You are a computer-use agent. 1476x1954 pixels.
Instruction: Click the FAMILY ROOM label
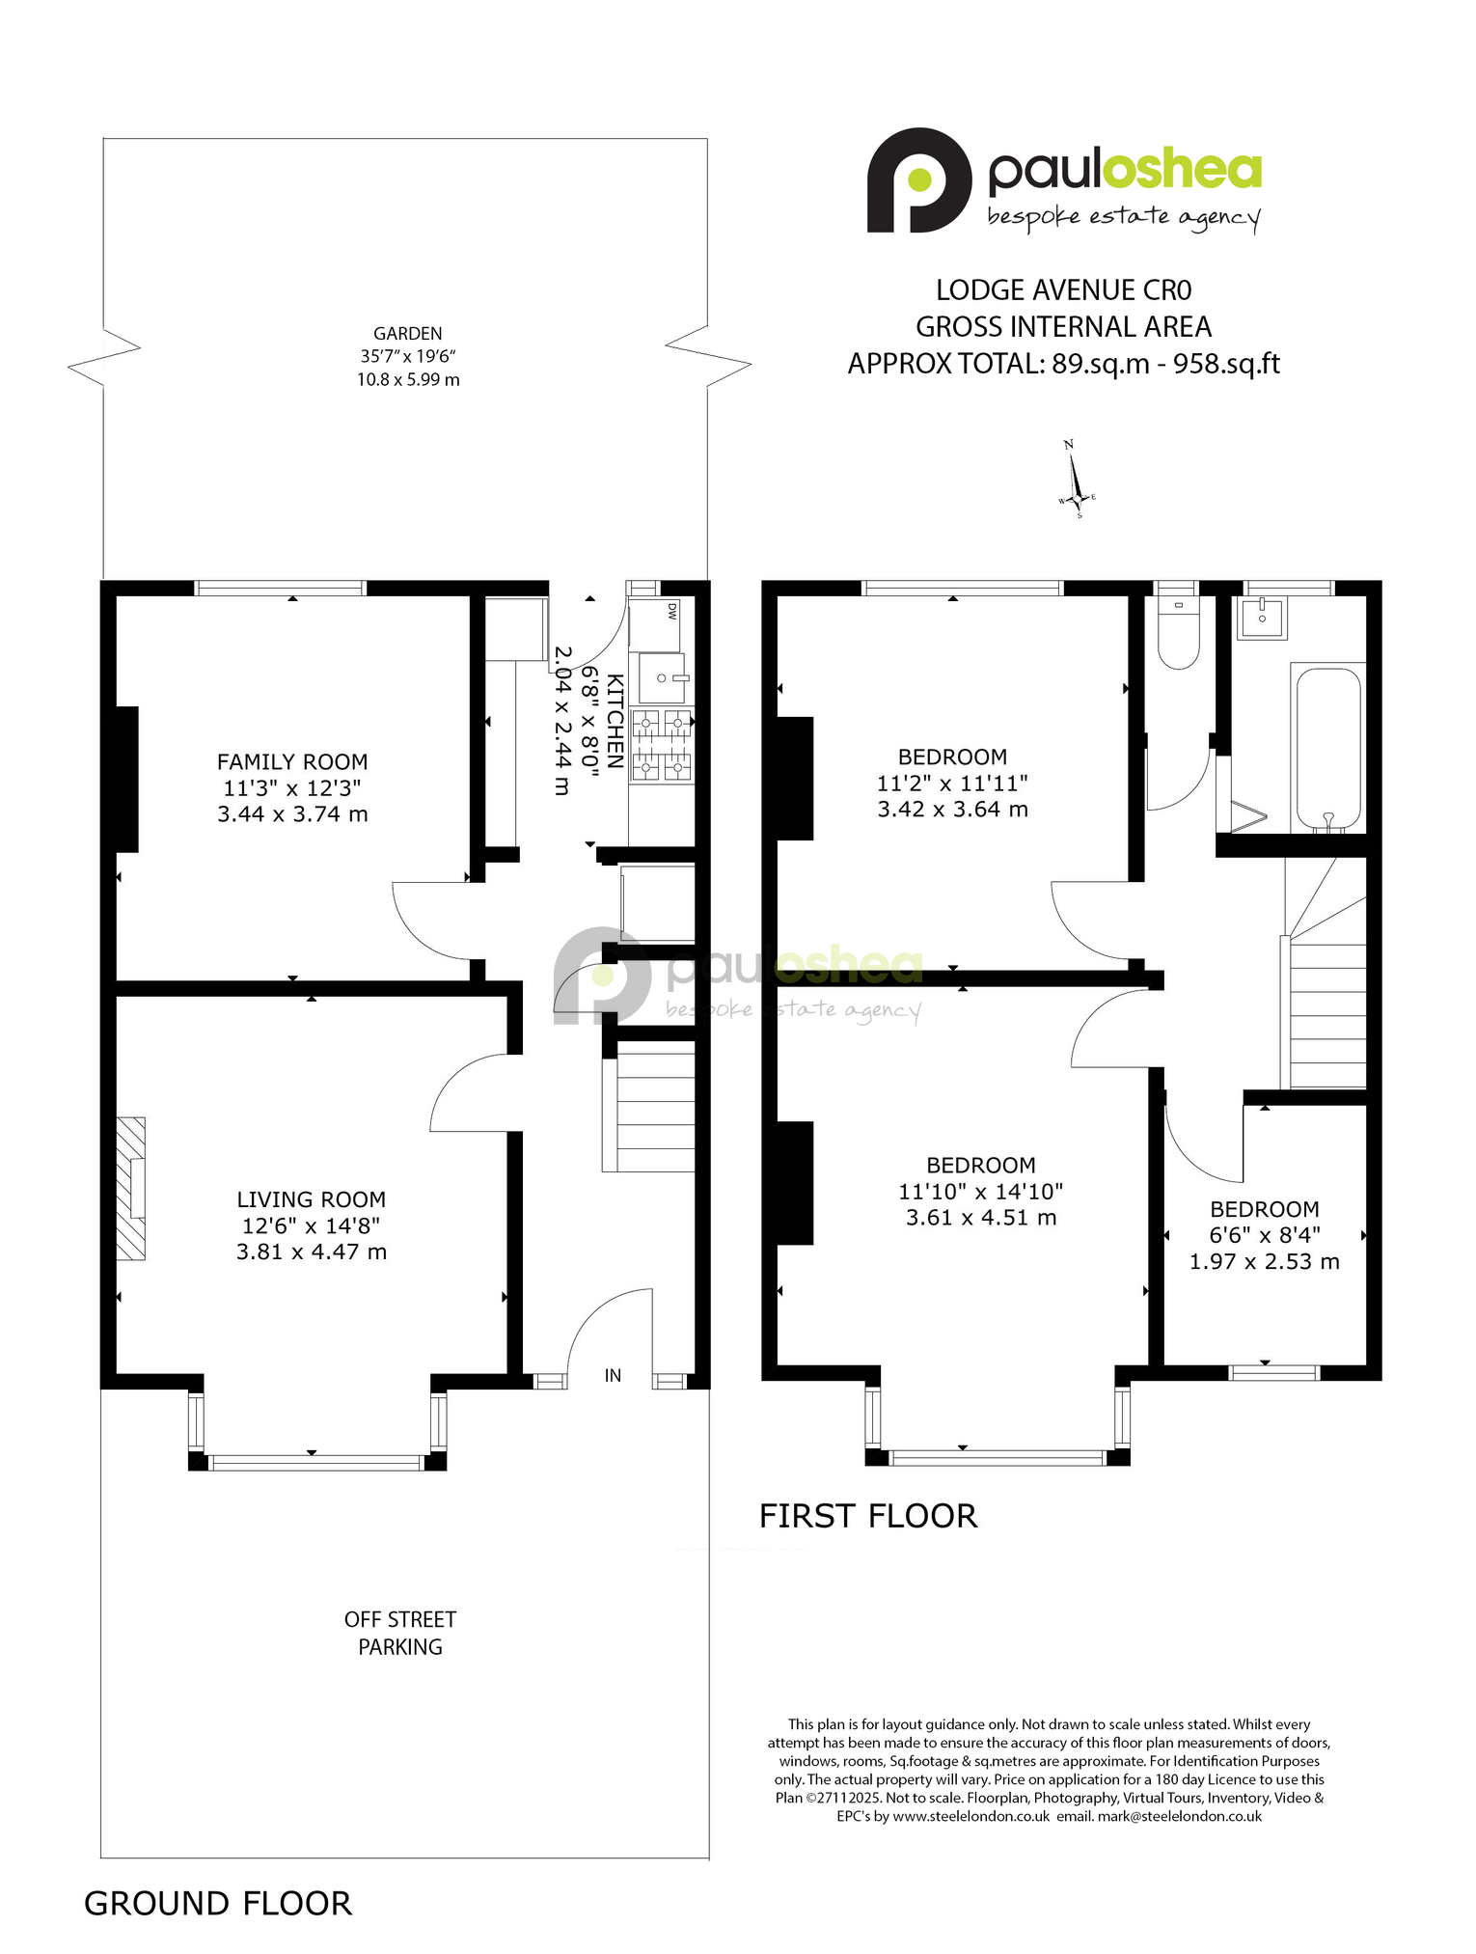[x=292, y=761]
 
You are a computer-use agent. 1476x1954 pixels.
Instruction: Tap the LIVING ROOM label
[x=311, y=1199]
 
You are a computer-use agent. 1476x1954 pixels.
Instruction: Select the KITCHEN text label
[x=615, y=715]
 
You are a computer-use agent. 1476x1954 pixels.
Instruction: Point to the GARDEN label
[x=408, y=334]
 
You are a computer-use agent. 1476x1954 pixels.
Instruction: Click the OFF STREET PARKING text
[x=400, y=1633]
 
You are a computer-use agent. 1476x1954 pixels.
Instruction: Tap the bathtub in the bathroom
[x=1328, y=749]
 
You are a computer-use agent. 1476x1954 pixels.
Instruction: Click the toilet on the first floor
[x=1178, y=632]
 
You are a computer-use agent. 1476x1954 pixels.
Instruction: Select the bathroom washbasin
[x=1262, y=618]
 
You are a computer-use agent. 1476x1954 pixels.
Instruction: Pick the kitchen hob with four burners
[x=662, y=745]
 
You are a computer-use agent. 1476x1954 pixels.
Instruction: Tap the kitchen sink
[x=662, y=678]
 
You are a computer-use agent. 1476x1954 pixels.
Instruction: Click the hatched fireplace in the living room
[x=131, y=1189]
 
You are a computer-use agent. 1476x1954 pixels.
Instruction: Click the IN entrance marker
[x=613, y=1376]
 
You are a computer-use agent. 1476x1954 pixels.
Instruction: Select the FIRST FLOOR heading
[x=868, y=1516]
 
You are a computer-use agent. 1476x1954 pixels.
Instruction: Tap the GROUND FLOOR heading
[x=218, y=1904]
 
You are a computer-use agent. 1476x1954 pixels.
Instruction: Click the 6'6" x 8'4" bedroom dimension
[x=1265, y=1235]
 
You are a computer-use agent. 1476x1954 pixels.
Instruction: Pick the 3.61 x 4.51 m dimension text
[x=981, y=1218]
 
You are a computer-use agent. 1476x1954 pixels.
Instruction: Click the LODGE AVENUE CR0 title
[x=1064, y=290]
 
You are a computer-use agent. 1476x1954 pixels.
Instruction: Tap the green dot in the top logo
[x=919, y=179]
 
